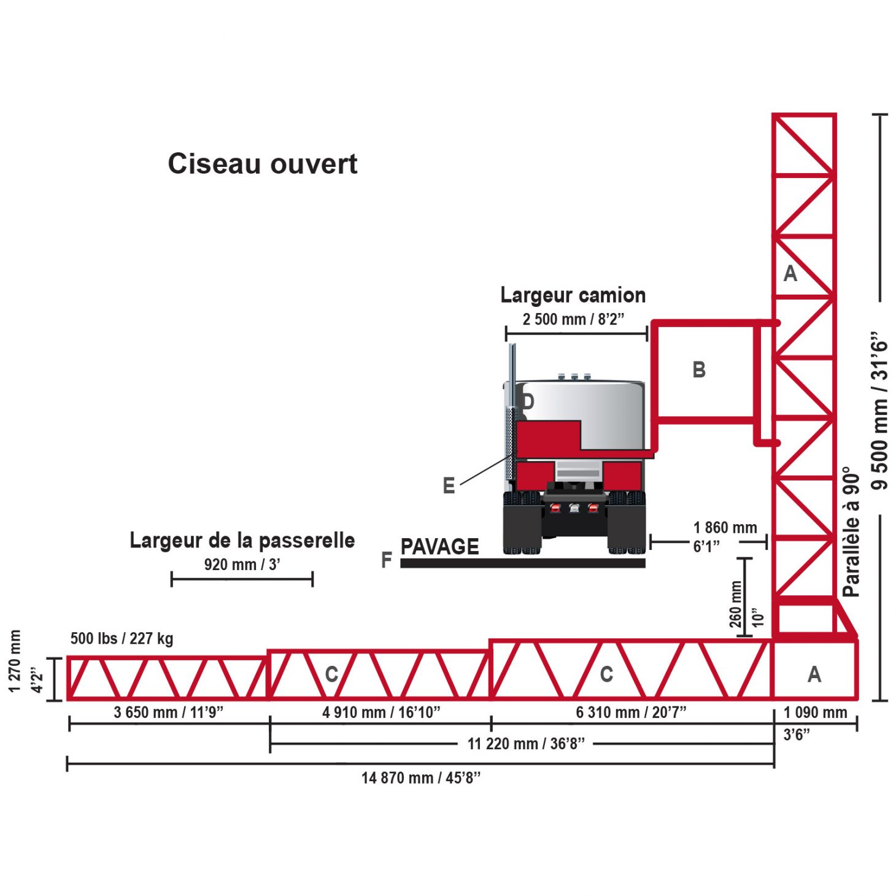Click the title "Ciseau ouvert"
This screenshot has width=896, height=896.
click(263, 164)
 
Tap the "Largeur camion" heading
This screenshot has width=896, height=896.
click(573, 295)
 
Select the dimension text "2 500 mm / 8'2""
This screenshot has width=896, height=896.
click(573, 319)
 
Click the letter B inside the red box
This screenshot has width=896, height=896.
click(699, 370)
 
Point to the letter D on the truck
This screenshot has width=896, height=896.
click(527, 402)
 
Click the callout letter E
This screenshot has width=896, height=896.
click(449, 486)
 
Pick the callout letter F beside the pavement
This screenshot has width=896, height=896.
click(387, 560)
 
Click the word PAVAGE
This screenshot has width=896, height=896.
click(439, 546)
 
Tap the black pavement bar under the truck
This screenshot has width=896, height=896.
click(522, 563)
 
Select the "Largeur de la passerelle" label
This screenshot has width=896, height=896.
click(242, 541)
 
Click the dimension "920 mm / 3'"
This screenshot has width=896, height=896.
click(242, 565)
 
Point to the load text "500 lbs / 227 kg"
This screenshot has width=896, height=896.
click(122, 638)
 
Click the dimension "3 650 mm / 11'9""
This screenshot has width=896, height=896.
click(169, 713)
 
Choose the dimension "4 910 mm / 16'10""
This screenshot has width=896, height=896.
click(381, 713)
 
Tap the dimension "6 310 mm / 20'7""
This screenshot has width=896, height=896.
click(631, 713)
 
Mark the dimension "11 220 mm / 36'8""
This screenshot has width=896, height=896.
click(526, 744)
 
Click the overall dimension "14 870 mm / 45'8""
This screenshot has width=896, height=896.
click(421, 778)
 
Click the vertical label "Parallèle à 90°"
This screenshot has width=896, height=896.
click(851, 531)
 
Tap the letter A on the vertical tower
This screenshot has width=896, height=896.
click(790, 273)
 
